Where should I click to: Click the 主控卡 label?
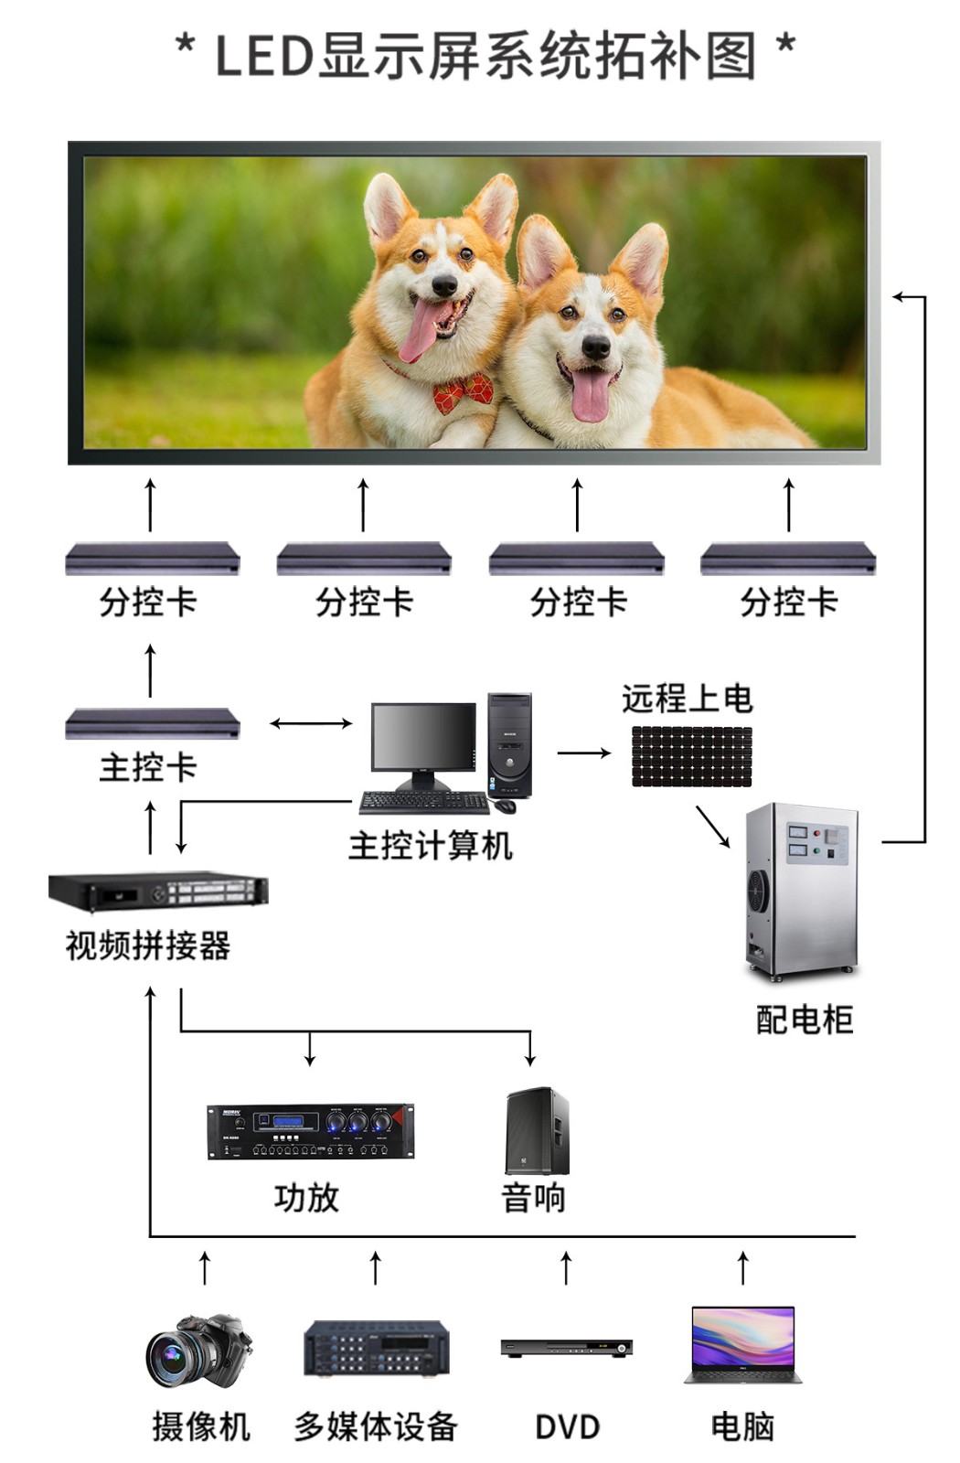148,767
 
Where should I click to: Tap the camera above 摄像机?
198,1351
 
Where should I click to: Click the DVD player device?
566,1347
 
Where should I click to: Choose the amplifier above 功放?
310,1131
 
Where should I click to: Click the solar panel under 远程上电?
691,756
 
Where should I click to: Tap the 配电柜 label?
804,1020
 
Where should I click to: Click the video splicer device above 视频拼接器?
158,891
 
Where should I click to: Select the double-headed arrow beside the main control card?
311,723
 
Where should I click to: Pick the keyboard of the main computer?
424,803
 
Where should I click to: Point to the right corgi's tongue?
591,394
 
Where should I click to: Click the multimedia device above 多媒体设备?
376,1348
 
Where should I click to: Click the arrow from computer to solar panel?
583,753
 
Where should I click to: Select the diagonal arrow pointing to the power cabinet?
712,826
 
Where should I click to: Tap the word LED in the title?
264,56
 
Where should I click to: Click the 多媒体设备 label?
375,1426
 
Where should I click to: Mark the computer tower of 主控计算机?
509,745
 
